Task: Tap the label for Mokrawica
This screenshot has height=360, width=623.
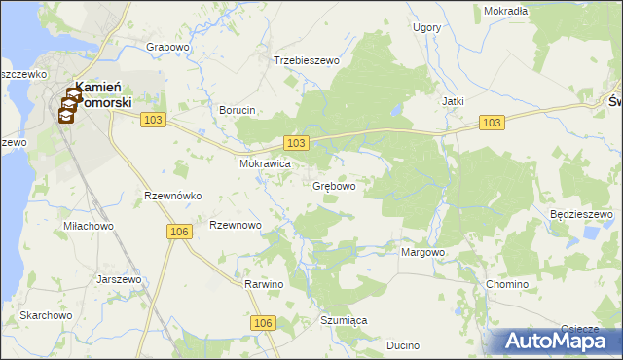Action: [266, 164]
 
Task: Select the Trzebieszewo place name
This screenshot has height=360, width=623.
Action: [306, 60]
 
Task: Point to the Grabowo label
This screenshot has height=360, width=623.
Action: [167, 47]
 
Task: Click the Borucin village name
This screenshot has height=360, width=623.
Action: [238, 110]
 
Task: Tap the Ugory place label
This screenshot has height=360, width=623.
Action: [426, 28]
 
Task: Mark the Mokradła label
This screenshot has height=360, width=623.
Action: [505, 11]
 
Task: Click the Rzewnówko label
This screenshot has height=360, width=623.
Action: [172, 196]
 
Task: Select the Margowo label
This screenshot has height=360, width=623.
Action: [422, 252]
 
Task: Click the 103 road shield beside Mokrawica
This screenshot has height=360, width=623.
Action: [297, 143]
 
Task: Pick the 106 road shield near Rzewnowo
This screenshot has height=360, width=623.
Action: [178, 231]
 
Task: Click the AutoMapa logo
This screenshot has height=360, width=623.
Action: [556, 342]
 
